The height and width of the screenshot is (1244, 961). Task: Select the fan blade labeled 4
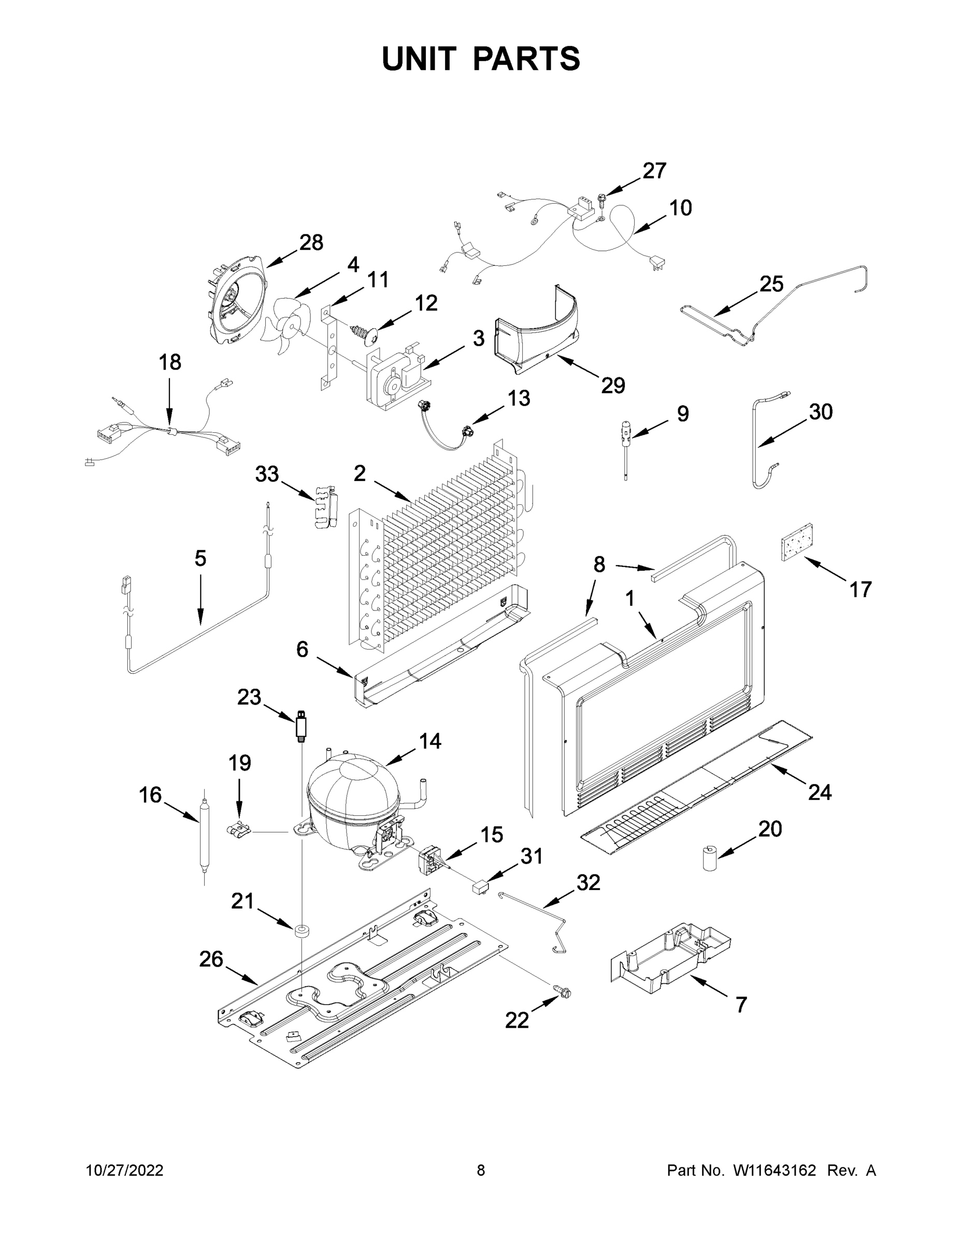288,327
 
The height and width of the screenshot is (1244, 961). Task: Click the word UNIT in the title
419,59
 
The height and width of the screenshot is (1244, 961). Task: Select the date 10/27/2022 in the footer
125,1170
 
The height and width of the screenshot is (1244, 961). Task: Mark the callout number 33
267,474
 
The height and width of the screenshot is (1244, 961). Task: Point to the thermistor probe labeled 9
626,444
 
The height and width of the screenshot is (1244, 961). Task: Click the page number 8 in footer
481,1170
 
